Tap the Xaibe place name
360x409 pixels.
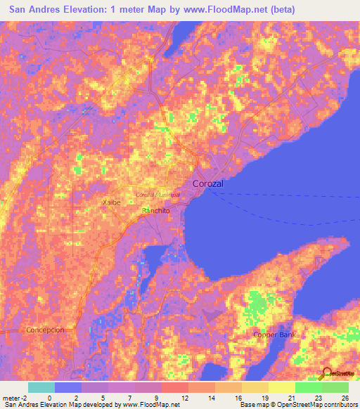click(x=112, y=202)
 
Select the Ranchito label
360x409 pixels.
click(x=156, y=211)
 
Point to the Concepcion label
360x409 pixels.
click(x=45, y=330)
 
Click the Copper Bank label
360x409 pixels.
click(x=274, y=335)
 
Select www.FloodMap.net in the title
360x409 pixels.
click(x=222, y=10)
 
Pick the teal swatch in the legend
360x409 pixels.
click(x=41, y=387)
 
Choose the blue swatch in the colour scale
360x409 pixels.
click(x=68, y=387)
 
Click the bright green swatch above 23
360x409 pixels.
click(x=309, y=387)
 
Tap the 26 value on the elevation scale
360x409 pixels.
click(x=344, y=397)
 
